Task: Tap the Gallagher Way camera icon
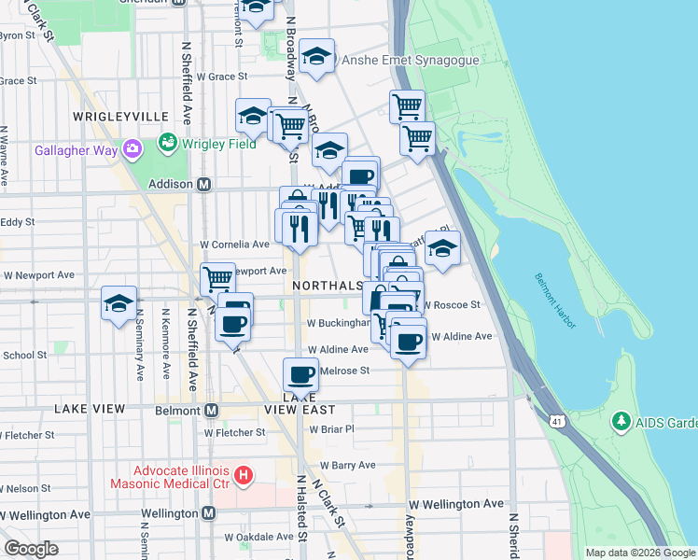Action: point(132,148)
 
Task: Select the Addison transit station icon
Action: point(202,184)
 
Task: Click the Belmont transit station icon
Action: point(212,410)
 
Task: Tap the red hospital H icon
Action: point(244,476)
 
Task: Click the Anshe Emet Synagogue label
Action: point(411,60)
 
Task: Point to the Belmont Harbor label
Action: point(555,301)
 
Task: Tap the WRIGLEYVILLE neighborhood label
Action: point(120,116)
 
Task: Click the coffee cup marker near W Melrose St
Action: point(300,373)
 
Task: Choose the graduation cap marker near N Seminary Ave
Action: point(119,303)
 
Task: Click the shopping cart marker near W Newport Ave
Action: point(217,277)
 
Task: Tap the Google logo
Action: point(33,548)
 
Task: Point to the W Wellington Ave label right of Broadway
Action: point(455,504)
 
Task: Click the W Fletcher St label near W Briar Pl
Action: point(235,432)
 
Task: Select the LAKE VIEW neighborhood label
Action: point(90,409)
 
